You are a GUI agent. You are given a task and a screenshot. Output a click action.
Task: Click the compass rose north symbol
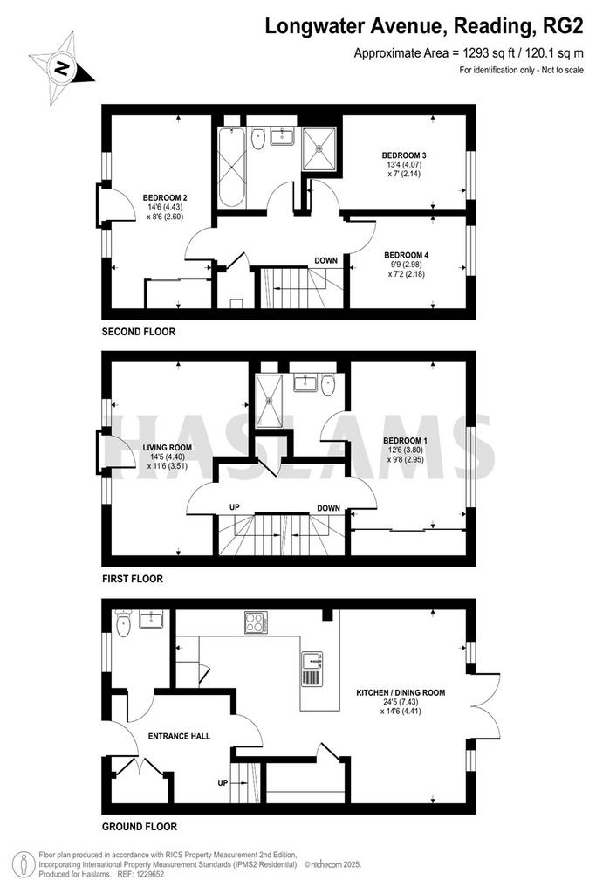tap(61, 69)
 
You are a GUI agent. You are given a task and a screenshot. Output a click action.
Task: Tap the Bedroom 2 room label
tap(165, 198)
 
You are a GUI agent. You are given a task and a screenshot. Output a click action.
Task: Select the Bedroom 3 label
tap(404, 155)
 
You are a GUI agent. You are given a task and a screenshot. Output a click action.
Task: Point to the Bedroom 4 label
tap(407, 255)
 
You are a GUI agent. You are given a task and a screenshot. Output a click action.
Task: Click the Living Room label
tap(167, 448)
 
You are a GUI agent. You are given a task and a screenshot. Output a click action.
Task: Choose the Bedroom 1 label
tap(405, 441)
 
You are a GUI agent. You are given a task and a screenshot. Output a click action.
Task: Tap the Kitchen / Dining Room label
tap(401, 692)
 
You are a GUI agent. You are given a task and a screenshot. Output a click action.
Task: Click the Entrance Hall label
tap(179, 736)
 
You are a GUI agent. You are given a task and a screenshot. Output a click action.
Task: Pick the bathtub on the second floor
tap(232, 167)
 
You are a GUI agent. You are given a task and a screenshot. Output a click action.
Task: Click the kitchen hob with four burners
tap(256, 622)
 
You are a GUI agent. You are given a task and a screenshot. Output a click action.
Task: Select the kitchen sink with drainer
tap(312, 669)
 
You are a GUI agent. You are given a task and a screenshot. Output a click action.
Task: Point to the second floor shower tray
tap(319, 148)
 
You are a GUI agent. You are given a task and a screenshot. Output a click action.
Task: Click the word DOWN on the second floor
tap(325, 260)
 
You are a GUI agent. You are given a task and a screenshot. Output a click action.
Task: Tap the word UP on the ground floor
tap(223, 783)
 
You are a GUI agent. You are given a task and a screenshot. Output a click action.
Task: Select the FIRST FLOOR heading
tap(133, 579)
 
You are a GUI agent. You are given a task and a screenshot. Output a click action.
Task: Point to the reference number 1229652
tap(147, 873)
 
